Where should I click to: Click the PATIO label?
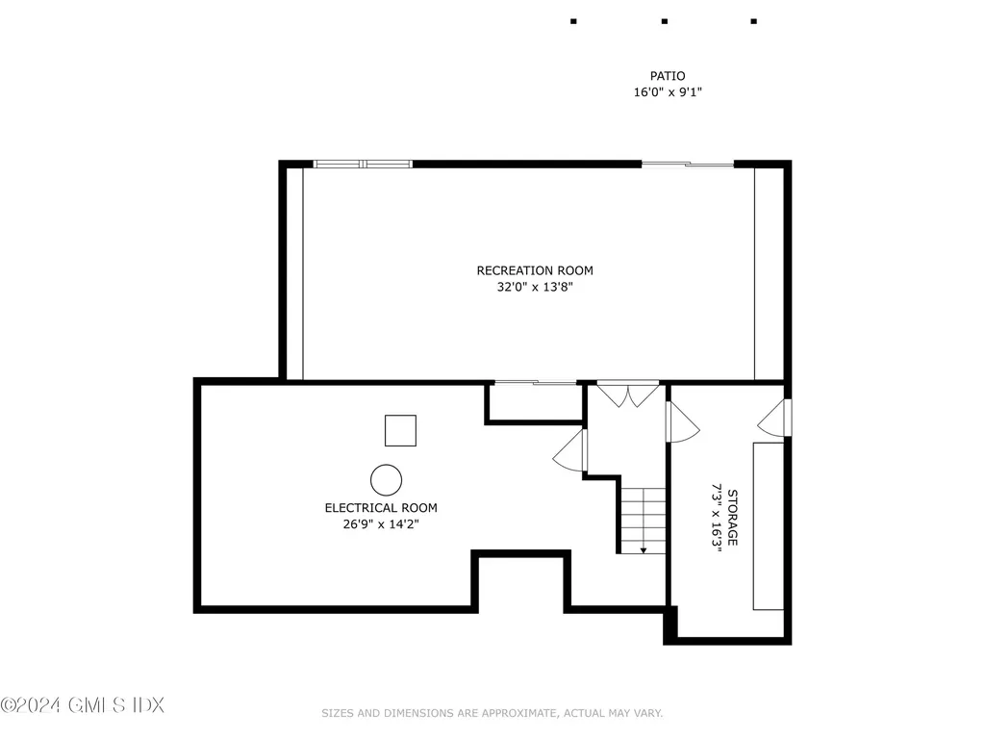(667, 76)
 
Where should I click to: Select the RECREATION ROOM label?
(535, 270)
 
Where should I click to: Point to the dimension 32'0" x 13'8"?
(535, 287)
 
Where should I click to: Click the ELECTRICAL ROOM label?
(381, 508)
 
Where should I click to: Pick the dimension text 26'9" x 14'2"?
(381, 524)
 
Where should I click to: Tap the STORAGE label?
(732, 518)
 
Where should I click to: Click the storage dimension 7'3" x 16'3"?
(717, 518)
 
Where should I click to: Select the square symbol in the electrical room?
(400, 430)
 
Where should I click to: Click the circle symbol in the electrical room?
(387, 479)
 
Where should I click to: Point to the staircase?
(642, 520)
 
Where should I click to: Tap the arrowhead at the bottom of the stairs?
(643, 549)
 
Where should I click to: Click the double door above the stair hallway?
(628, 394)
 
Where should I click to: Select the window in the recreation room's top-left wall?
(364, 164)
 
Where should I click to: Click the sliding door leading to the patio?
(688, 165)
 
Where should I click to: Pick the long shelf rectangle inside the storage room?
(768, 525)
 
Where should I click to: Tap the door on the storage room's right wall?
(775, 418)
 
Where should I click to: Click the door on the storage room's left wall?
(681, 421)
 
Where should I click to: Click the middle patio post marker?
(664, 20)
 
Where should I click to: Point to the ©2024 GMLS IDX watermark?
(83, 705)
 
